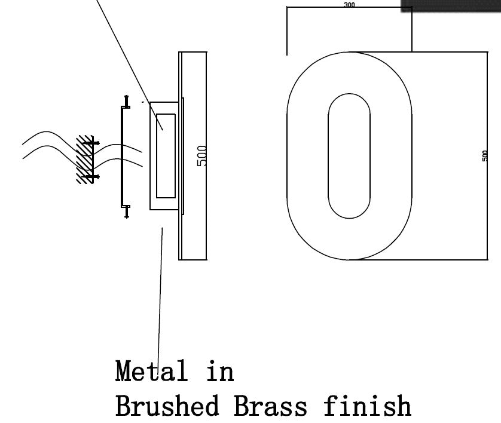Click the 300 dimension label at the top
point(349,5)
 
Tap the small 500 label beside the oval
point(485,155)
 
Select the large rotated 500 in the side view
point(202,155)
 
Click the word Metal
point(151,371)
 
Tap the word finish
point(367,406)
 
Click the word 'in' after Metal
point(220,371)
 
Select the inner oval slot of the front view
point(349,155)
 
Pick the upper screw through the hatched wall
point(90,143)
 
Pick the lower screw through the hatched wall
point(90,177)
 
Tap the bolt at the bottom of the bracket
point(126,211)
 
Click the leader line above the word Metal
point(160,293)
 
